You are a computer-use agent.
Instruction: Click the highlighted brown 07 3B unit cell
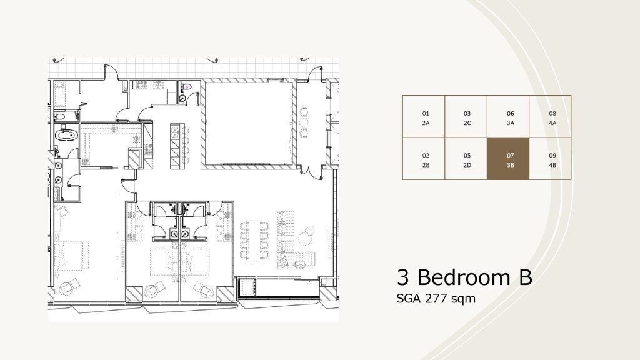click(508, 159)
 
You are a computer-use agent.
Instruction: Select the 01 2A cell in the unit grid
click(424, 117)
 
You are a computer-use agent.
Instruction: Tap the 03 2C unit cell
click(466, 117)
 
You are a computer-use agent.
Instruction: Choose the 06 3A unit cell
click(508, 117)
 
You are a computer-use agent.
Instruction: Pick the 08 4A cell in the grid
click(550, 117)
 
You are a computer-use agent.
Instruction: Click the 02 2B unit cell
click(424, 159)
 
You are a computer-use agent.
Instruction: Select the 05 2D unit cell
click(466, 159)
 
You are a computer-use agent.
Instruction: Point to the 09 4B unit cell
click(550, 159)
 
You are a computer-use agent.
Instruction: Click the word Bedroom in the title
click(464, 277)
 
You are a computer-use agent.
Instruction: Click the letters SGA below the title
click(409, 299)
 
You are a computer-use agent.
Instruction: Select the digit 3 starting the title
click(403, 277)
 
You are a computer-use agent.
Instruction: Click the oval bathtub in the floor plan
click(66, 135)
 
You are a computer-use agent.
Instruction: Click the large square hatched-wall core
click(249, 124)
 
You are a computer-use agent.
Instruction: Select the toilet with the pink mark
click(186, 86)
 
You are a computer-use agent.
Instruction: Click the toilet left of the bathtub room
click(59, 117)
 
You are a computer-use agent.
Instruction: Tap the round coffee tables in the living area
click(306, 236)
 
